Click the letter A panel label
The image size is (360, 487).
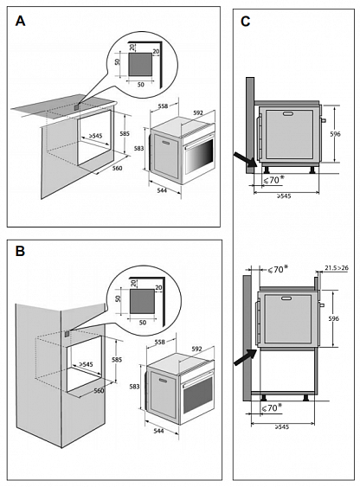(x=20, y=21)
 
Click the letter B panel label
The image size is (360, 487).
(x=20, y=251)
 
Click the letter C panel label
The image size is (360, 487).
(x=246, y=22)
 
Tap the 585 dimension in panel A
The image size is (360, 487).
(x=125, y=134)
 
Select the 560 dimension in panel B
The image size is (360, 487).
(x=99, y=390)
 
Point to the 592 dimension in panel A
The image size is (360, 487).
(x=198, y=113)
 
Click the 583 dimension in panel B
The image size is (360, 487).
(x=134, y=387)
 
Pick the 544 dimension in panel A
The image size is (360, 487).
(x=162, y=190)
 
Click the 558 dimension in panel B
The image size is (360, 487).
(x=159, y=342)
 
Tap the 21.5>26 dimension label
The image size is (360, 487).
(x=337, y=268)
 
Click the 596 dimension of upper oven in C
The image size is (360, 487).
(x=335, y=134)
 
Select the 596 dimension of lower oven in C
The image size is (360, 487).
(x=333, y=318)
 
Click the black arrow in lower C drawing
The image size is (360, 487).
(x=245, y=357)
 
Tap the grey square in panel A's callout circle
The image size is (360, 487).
(x=140, y=64)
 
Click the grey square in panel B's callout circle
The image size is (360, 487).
(x=142, y=301)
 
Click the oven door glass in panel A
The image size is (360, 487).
(x=199, y=157)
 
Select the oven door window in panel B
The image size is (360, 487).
(x=198, y=394)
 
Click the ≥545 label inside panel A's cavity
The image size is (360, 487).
(x=95, y=136)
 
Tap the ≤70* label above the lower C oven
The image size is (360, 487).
(x=276, y=270)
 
